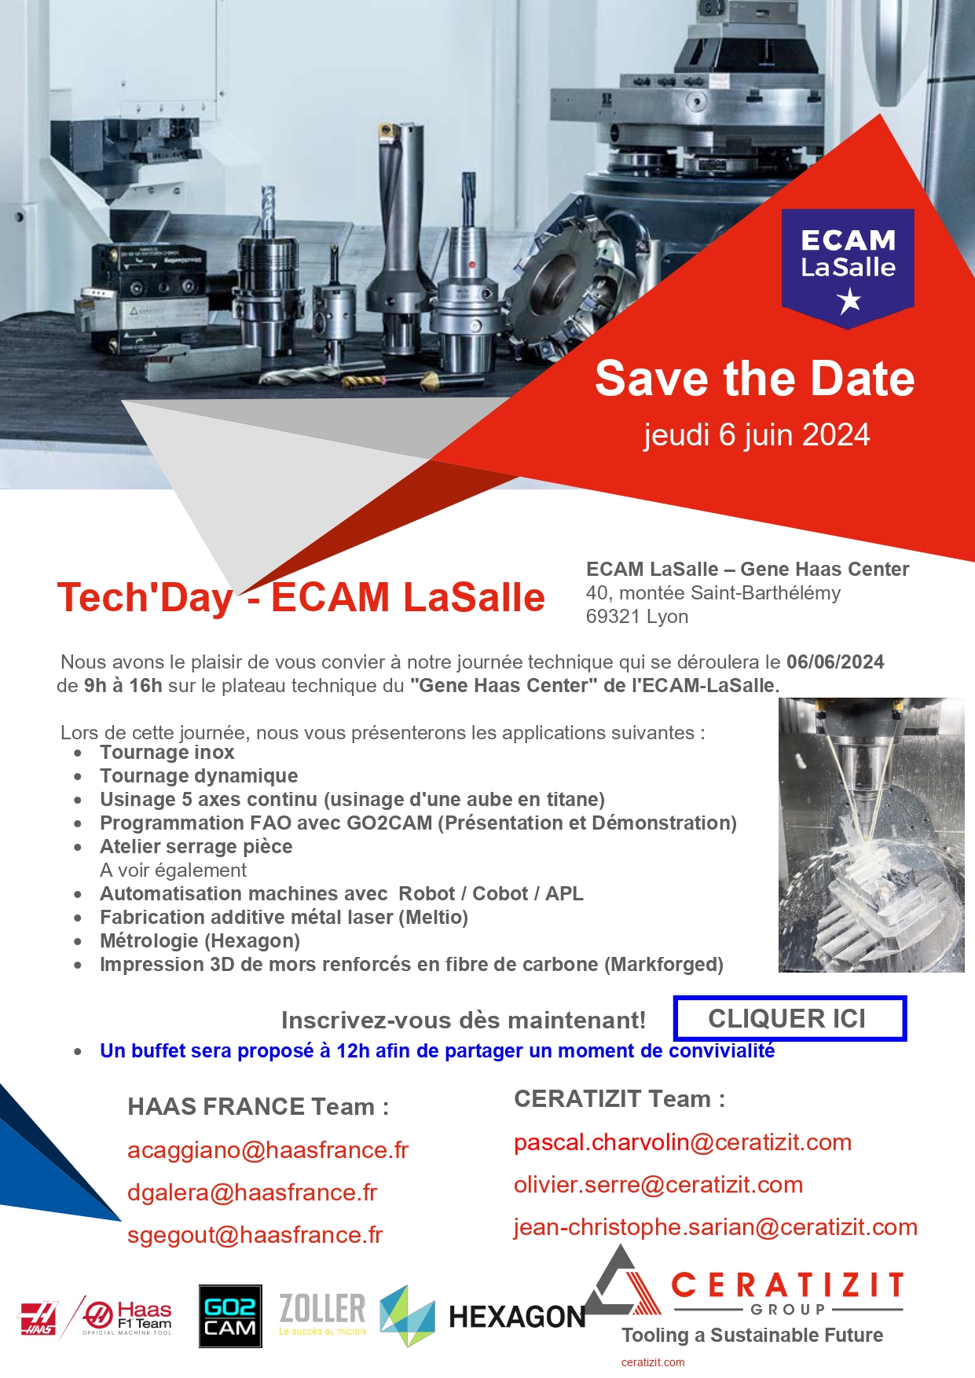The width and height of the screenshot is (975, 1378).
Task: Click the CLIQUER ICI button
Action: pos(790,1018)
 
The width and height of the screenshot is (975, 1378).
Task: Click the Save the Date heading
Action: pos(755,379)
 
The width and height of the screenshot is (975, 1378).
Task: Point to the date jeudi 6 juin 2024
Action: pos(757,434)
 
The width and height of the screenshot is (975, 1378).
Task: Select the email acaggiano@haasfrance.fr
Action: pos(268,1150)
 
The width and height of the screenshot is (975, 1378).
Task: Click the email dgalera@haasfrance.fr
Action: pos(252,1193)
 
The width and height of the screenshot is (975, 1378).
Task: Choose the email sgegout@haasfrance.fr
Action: pos(255,1235)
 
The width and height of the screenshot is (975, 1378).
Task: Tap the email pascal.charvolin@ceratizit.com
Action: pos(683,1142)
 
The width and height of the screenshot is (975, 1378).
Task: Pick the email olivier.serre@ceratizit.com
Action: pos(658,1185)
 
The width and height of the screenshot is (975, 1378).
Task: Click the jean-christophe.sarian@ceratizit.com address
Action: pos(716,1227)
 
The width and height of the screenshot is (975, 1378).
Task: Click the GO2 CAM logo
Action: pos(229,1316)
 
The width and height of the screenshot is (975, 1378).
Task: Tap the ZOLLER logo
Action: pos(322,1314)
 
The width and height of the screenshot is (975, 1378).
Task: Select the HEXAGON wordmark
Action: pos(517,1317)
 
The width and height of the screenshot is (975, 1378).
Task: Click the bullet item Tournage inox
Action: pos(167,753)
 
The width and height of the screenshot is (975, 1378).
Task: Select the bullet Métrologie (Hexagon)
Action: pos(200,941)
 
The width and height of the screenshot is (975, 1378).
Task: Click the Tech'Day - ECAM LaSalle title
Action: pos(301,597)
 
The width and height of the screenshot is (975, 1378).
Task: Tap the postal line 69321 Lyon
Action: pos(637,617)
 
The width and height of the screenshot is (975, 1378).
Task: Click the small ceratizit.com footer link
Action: pos(653,1362)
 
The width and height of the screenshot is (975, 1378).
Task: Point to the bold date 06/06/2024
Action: pos(835,662)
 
